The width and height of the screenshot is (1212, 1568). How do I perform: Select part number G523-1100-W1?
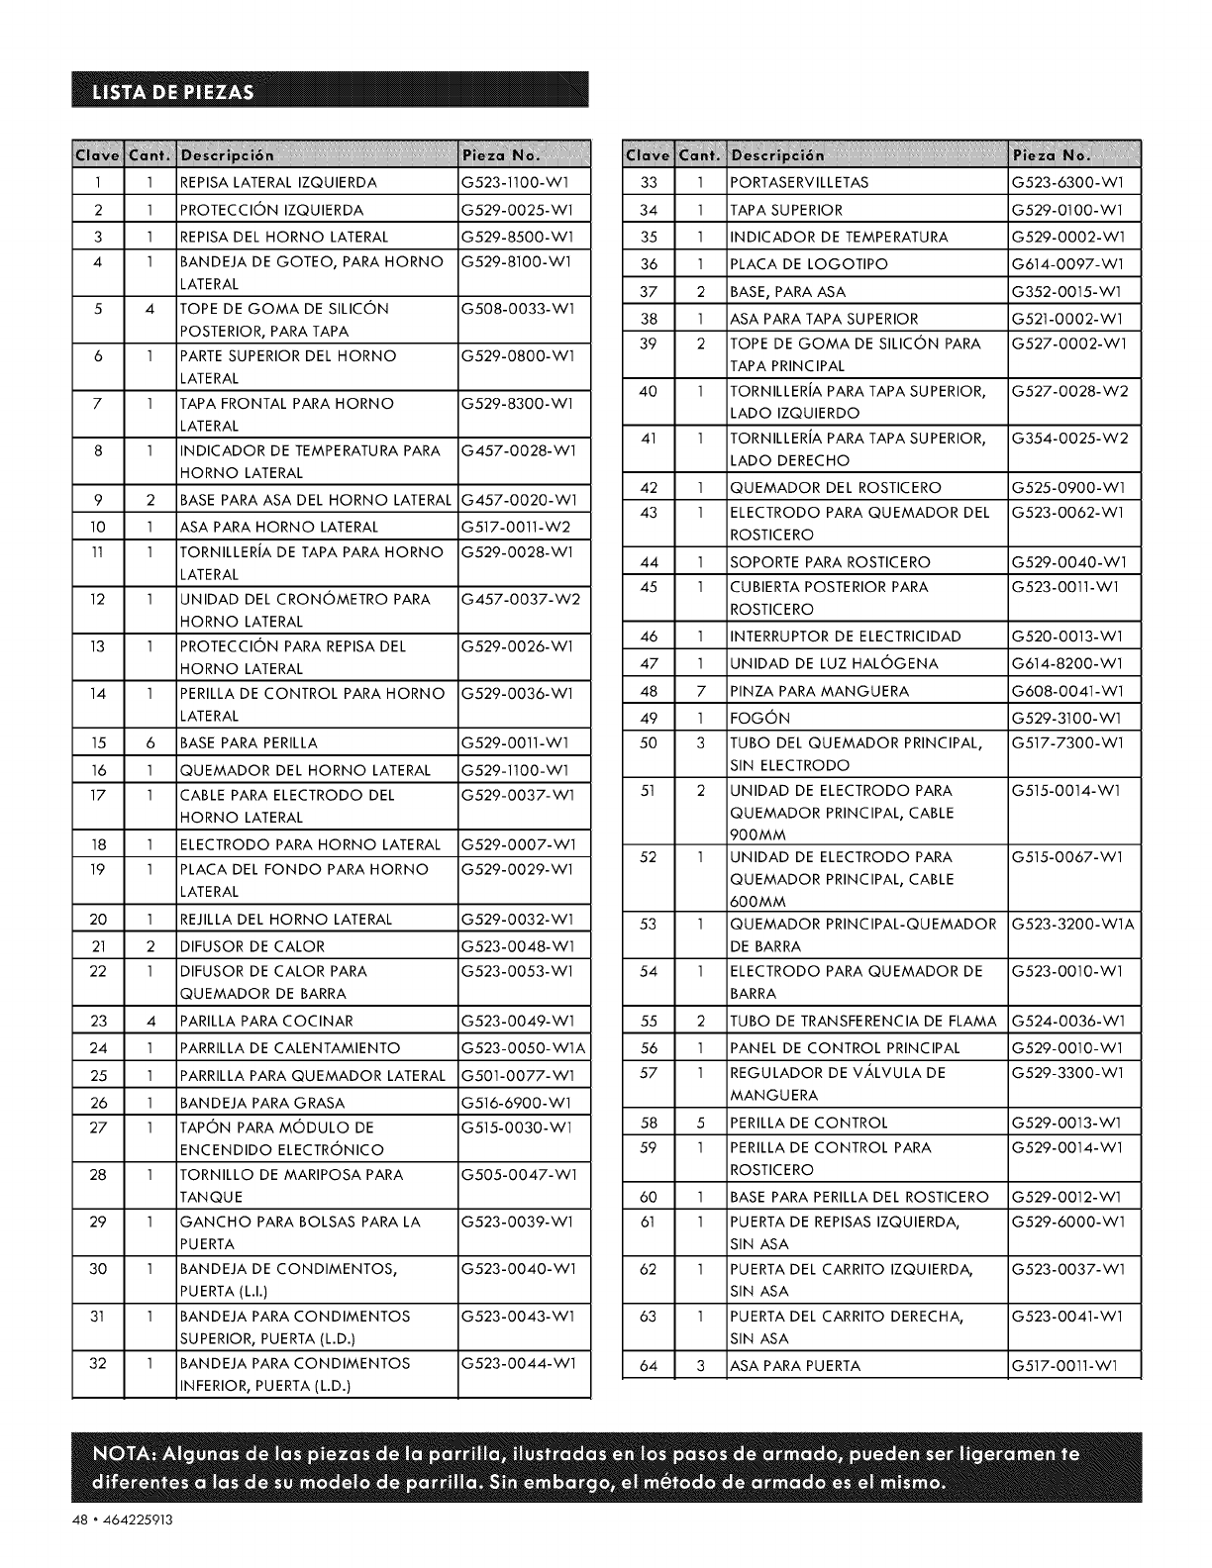click(x=511, y=183)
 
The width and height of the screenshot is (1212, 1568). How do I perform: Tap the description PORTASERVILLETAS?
click(x=799, y=183)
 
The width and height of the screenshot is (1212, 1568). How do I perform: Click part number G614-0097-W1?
click(x=1061, y=264)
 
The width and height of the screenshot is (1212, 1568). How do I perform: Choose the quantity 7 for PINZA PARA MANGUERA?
click(x=699, y=690)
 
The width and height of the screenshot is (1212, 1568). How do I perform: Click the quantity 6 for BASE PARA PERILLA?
click(x=150, y=742)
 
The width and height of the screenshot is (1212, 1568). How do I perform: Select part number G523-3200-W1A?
click(x=1072, y=924)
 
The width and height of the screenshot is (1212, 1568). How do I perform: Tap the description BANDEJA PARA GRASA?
click(x=262, y=1103)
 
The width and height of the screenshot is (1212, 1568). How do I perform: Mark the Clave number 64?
click(x=649, y=1366)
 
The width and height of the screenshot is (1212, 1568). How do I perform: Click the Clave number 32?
click(x=98, y=1363)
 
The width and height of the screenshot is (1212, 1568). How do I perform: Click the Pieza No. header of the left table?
click(x=500, y=155)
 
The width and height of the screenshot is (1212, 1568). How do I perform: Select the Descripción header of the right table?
click(x=777, y=155)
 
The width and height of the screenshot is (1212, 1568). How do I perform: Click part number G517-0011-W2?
click(x=511, y=527)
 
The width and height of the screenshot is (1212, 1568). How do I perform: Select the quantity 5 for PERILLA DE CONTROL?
click(x=699, y=1123)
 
